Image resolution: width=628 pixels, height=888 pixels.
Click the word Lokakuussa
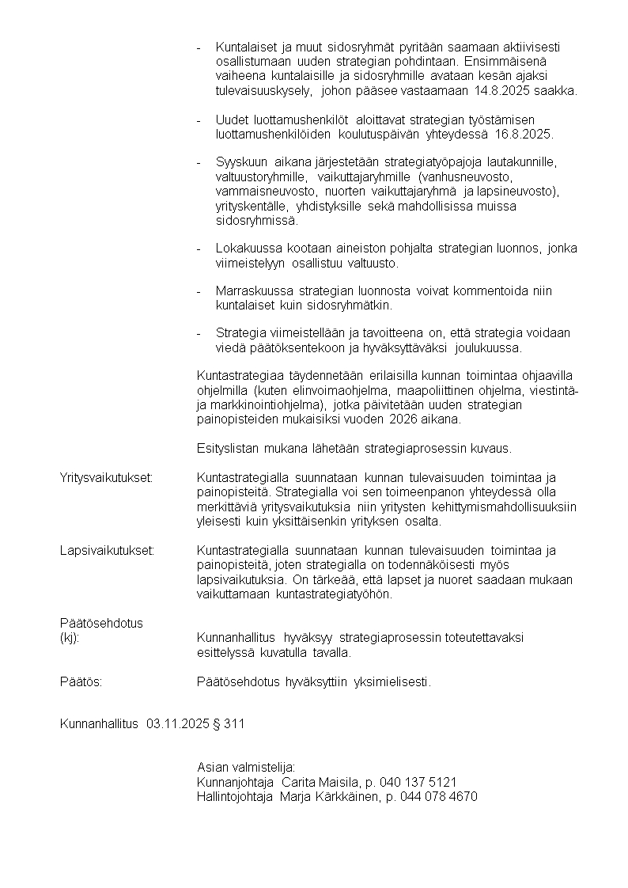coord(247,249)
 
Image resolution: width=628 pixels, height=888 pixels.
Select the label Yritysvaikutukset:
coord(106,478)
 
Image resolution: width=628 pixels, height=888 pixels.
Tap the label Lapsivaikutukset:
coord(107,550)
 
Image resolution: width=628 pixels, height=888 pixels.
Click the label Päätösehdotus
coord(101,623)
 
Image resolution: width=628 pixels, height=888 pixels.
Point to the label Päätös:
coord(81,681)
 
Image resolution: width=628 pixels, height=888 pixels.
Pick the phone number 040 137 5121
coord(422,782)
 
